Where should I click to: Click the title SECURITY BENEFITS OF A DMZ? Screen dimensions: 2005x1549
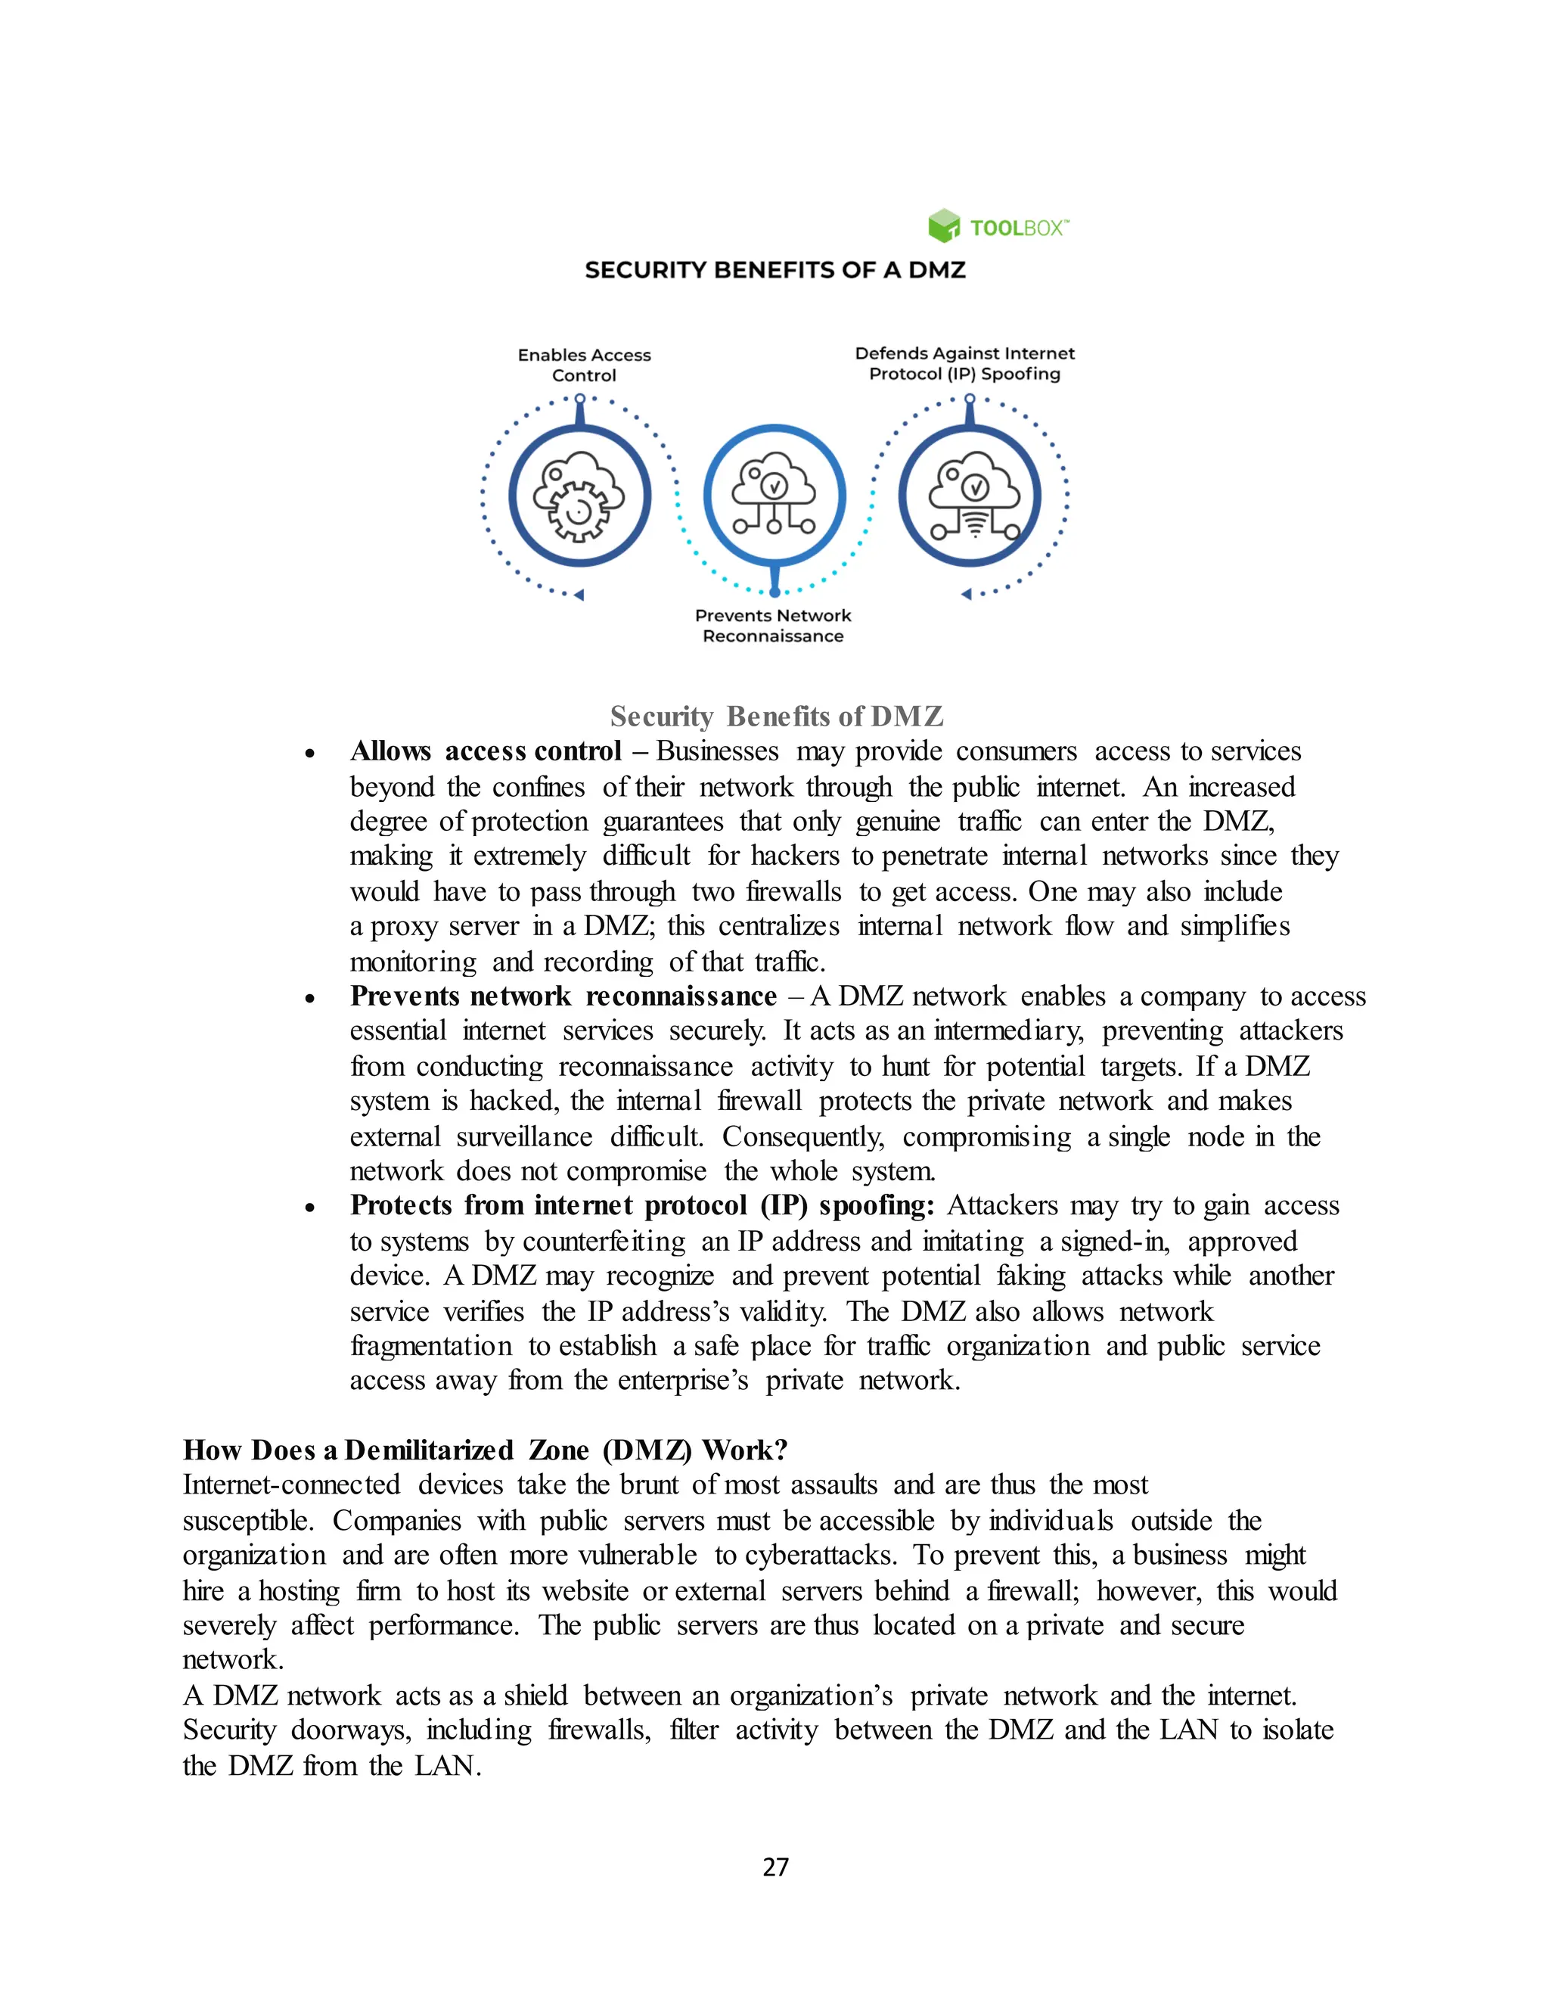(774, 270)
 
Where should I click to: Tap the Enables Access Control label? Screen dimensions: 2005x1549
(584, 365)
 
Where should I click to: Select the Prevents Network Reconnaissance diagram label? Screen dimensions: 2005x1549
(773, 625)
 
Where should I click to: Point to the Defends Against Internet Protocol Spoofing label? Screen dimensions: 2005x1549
(964, 363)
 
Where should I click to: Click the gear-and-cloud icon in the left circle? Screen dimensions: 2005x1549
(579, 496)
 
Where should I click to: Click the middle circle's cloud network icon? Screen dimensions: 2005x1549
(774, 494)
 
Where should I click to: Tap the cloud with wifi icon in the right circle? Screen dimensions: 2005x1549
(971, 496)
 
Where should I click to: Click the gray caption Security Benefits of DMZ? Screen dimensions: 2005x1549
(776, 716)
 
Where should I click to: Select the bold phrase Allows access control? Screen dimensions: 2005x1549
(486, 751)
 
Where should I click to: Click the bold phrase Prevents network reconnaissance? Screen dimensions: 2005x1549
(563, 996)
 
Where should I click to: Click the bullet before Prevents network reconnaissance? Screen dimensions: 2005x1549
(310, 999)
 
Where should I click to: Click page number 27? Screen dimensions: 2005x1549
(774, 1867)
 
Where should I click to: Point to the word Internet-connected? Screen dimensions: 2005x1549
(291, 1485)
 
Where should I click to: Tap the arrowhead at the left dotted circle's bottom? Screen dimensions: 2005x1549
(579, 595)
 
